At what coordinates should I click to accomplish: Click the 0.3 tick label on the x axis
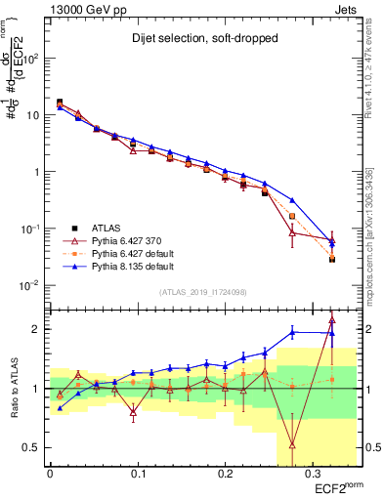pyautogui.click(x=311, y=471)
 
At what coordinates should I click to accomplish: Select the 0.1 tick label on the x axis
pyautogui.click(x=137, y=471)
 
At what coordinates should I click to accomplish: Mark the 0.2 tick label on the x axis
pyautogui.click(x=224, y=471)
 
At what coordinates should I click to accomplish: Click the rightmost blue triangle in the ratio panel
pyautogui.click(x=332, y=333)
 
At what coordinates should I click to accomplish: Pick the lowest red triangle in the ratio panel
pyautogui.click(x=292, y=445)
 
